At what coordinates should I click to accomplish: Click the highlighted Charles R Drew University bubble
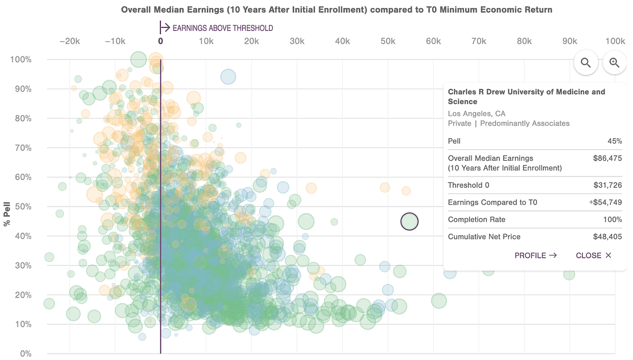pos(409,221)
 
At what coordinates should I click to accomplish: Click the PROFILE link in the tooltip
pos(535,255)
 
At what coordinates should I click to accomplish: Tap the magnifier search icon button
pos(586,63)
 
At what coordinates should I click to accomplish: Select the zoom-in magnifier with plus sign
pos(615,63)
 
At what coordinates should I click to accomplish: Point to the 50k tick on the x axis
pos(388,42)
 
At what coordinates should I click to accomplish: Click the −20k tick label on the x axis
pos(69,42)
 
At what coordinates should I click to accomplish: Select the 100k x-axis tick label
pos(615,42)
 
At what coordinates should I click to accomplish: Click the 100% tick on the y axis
pos(21,60)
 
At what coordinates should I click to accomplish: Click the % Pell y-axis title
pos(7,213)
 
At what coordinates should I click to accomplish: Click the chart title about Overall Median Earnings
pos(337,9)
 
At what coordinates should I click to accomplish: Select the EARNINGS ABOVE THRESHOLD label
pos(223,28)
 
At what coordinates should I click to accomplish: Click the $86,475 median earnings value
pos(607,158)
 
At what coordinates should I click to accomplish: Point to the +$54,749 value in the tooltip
pos(605,202)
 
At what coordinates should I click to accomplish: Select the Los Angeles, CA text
pos(476,113)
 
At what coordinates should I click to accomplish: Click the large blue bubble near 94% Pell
pos(228,77)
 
